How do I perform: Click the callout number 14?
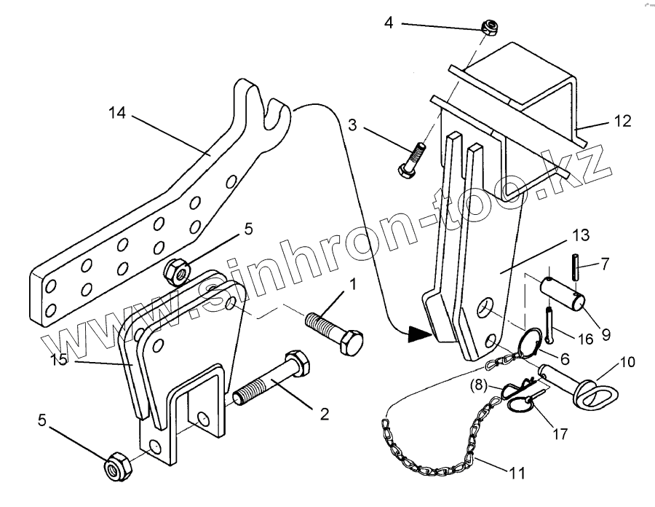pos(117,114)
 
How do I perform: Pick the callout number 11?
pos(517,473)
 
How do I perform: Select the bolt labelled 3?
pos(410,162)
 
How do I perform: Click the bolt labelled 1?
pos(335,333)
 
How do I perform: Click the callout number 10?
pos(627,362)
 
